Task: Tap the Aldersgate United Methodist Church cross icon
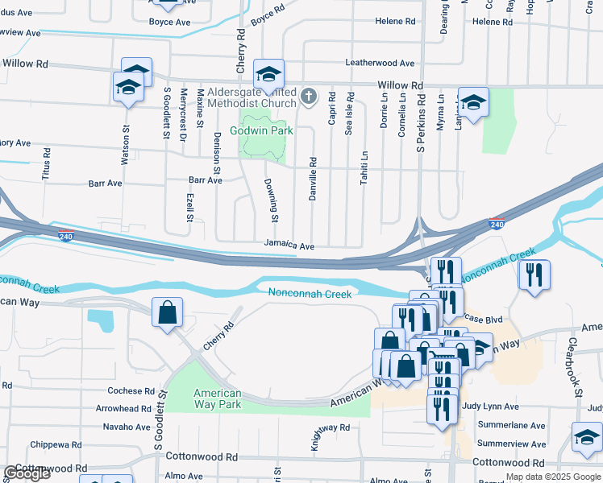coord(307,97)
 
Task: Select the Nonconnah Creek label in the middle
coord(310,294)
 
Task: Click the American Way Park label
coord(218,398)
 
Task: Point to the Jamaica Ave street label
coord(289,245)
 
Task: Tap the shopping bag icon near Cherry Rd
coord(167,313)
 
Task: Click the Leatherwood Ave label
coord(379,63)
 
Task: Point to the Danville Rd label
coord(313,179)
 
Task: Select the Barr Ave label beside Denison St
coord(205,180)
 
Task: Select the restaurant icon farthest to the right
coord(534,274)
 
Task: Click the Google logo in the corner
coord(27,473)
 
